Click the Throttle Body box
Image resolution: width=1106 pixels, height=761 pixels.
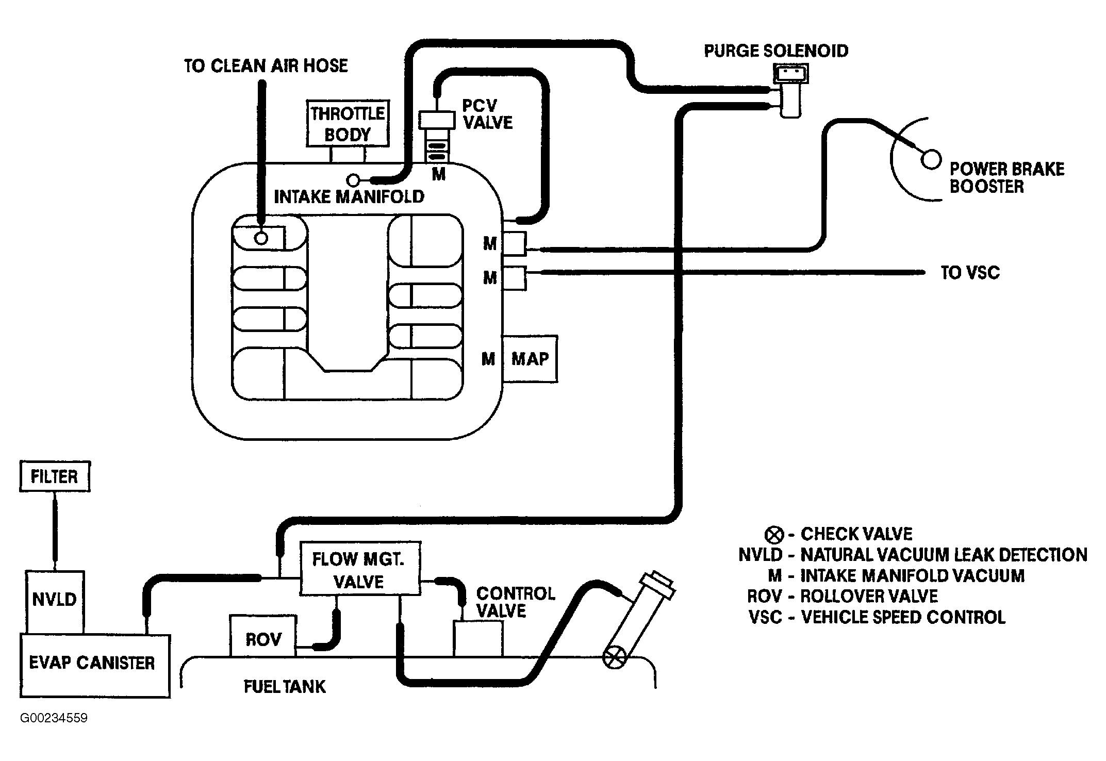pyautogui.click(x=348, y=124)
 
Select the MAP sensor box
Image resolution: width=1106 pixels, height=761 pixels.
pyautogui.click(x=530, y=359)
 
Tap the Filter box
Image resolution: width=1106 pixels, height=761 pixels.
pyautogui.click(x=55, y=476)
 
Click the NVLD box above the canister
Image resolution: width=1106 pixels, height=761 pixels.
pyautogui.click(x=55, y=602)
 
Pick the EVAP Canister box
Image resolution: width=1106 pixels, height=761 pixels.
pyautogui.click(x=95, y=666)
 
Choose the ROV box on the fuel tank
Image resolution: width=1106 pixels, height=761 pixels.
pyautogui.click(x=263, y=636)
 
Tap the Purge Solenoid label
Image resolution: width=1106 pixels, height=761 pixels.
pyautogui.click(x=777, y=51)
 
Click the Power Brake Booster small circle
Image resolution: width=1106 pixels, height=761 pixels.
pyautogui.click(x=931, y=159)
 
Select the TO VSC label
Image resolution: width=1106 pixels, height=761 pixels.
pyautogui.click(x=970, y=272)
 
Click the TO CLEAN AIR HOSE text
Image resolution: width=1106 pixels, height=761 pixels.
pyautogui.click(x=266, y=65)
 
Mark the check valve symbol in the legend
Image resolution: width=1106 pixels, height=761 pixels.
pyautogui.click(x=774, y=535)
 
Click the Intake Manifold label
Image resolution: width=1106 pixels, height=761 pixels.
pyautogui.click(x=349, y=196)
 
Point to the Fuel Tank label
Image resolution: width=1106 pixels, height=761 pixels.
pyautogui.click(x=285, y=686)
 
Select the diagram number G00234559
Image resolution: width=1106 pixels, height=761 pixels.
pyautogui.click(x=54, y=718)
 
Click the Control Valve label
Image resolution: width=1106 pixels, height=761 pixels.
pyautogui.click(x=516, y=602)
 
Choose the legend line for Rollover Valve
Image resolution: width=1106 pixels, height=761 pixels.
pyautogui.click(x=843, y=596)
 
